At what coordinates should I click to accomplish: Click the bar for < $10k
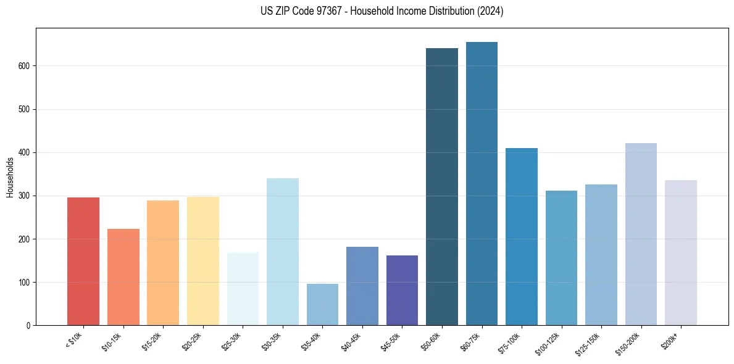[83, 261]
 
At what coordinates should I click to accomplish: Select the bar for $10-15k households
[123, 277]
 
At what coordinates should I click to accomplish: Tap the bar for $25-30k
[243, 289]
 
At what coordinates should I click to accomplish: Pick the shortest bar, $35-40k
[322, 304]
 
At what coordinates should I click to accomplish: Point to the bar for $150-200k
[641, 234]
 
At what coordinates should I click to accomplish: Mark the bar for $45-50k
[402, 290]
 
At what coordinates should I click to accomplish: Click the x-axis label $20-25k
[194, 341]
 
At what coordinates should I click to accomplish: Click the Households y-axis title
[10, 177]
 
